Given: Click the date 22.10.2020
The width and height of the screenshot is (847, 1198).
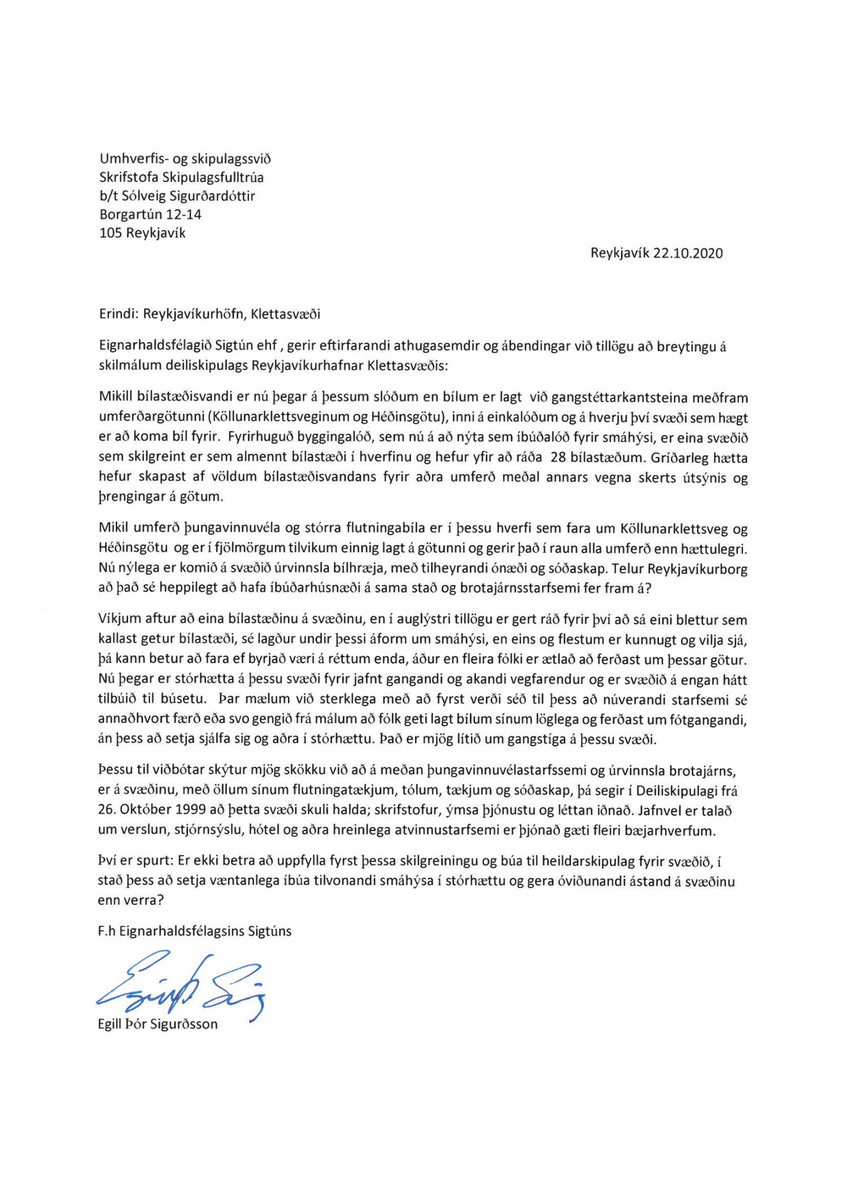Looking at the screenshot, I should [x=688, y=253].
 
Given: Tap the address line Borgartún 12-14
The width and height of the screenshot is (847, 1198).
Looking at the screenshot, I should [x=150, y=215].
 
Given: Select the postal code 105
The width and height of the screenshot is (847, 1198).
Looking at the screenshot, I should [x=111, y=233].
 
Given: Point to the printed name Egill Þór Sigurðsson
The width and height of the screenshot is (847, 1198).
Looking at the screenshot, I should [x=158, y=1024].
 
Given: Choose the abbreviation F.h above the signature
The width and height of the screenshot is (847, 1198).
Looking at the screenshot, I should [x=106, y=931].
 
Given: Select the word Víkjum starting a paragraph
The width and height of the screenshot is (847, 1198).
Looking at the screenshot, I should [x=119, y=619].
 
